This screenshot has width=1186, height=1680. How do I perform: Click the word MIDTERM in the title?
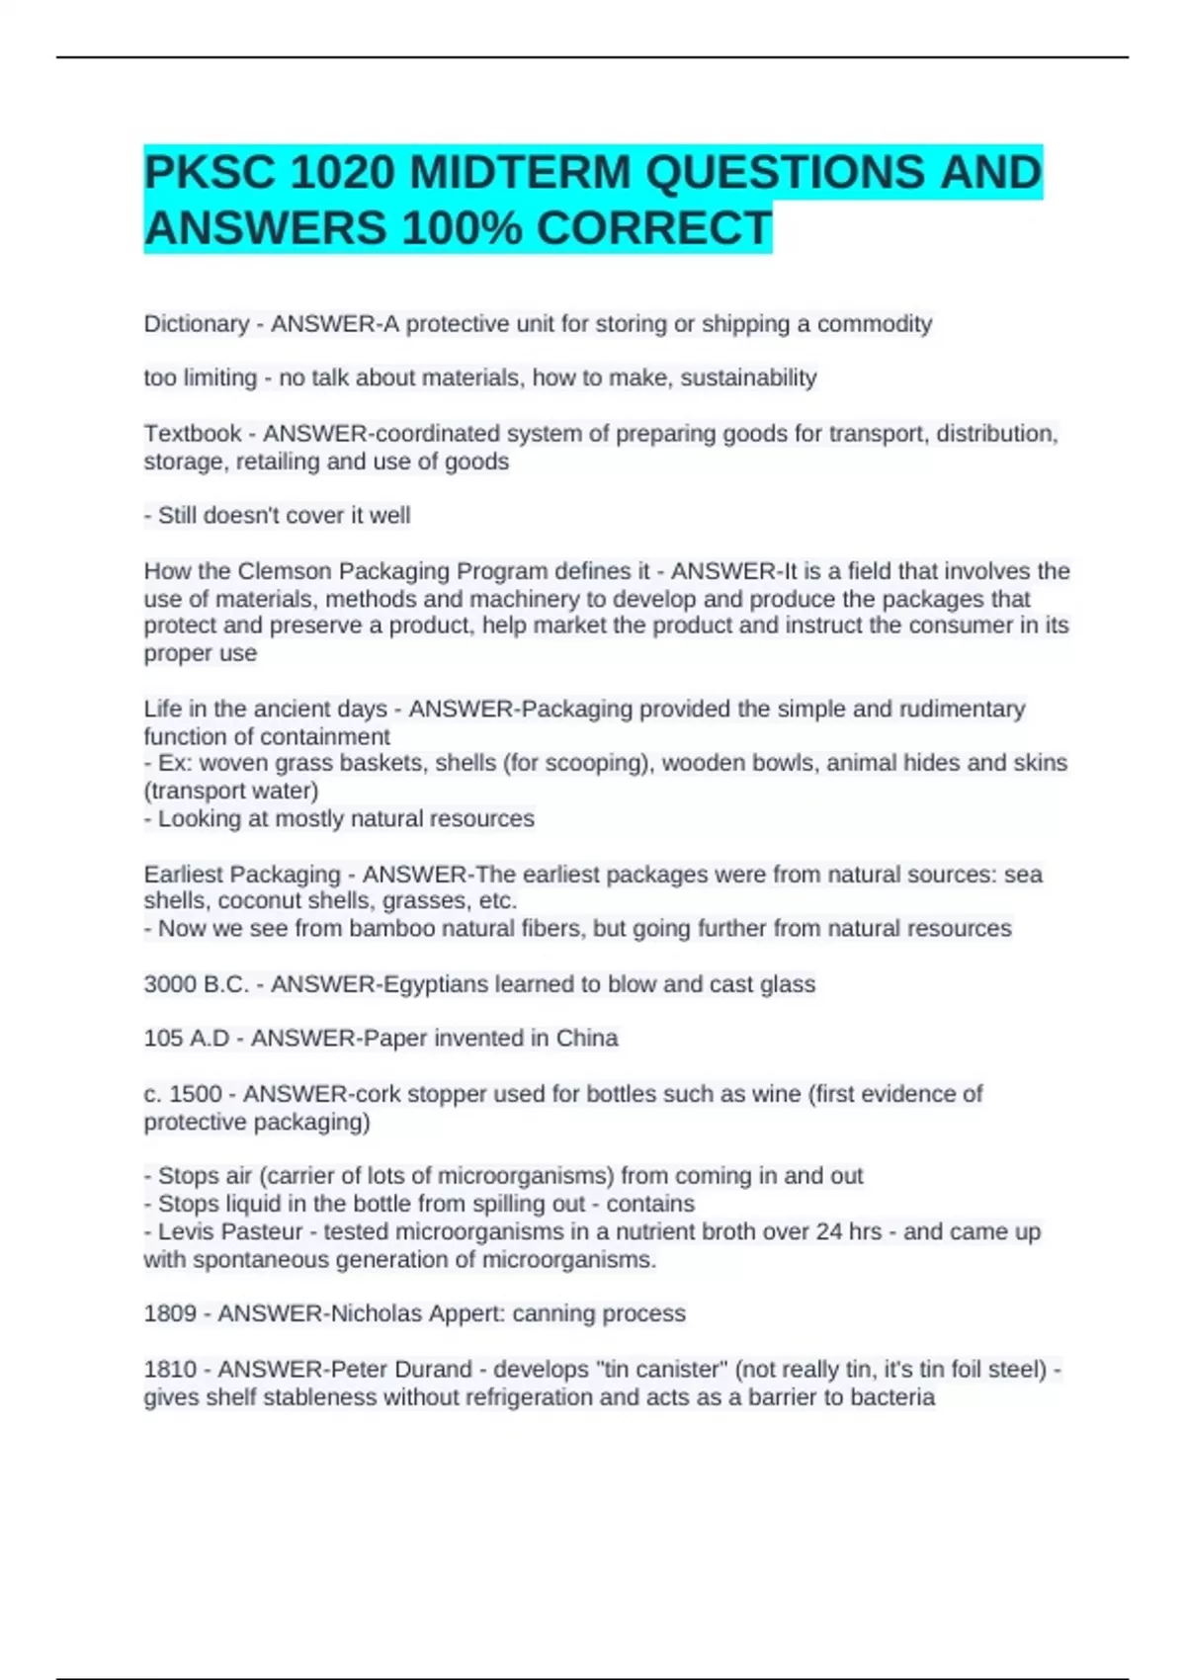coord(520,174)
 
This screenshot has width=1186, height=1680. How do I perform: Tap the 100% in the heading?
coord(462,229)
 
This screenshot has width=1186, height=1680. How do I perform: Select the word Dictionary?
coord(196,324)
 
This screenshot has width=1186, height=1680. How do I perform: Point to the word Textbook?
coord(193,434)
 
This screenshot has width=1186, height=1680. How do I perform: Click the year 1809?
coord(169,1313)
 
